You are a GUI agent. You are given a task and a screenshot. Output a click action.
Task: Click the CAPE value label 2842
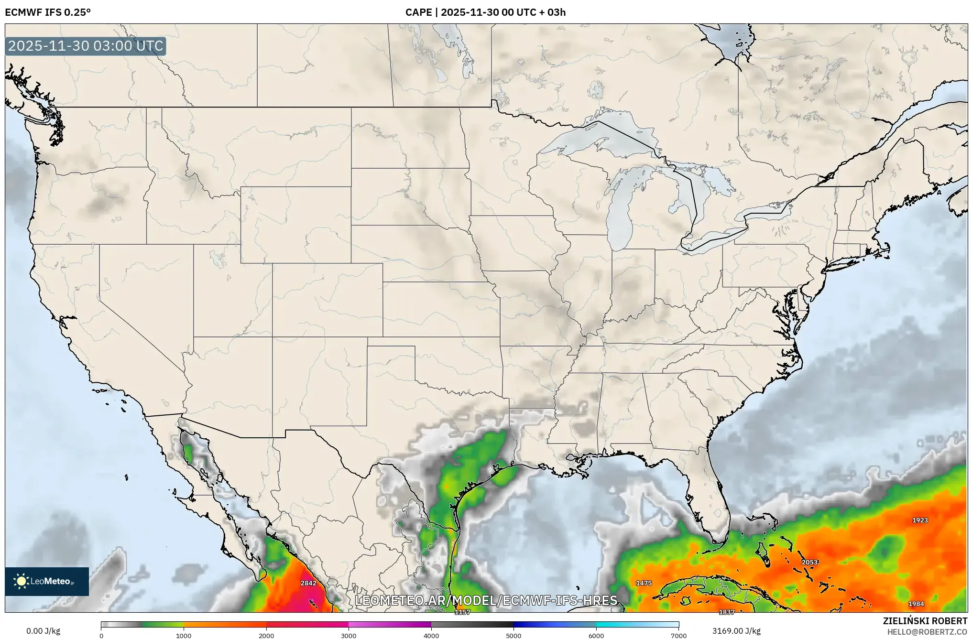click(x=308, y=583)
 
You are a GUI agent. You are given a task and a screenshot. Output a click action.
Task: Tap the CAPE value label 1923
click(x=920, y=520)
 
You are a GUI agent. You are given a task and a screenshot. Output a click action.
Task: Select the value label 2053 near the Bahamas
click(x=810, y=562)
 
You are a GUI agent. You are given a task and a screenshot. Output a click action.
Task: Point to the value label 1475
click(x=644, y=583)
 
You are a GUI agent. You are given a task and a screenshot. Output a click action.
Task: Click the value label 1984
click(x=916, y=604)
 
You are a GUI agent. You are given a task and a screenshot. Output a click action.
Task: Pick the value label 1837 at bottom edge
click(x=727, y=612)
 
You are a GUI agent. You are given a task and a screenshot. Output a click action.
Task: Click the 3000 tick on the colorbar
click(x=349, y=636)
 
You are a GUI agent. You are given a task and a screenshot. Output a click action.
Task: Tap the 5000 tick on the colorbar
click(x=513, y=636)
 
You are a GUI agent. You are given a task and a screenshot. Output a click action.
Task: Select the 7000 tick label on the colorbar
click(x=678, y=636)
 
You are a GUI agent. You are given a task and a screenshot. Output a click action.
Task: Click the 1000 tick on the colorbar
click(x=184, y=636)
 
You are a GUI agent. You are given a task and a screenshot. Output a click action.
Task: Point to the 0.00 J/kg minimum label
click(x=43, y=631)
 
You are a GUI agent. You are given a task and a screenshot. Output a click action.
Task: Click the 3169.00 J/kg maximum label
click(x=733, y=631)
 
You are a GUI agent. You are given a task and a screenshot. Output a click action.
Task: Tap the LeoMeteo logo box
click(x=47, y=581)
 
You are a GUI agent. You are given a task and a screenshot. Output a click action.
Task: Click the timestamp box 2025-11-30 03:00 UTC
click(x=86, y=46)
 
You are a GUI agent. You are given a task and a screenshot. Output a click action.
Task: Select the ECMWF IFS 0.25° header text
click(x=48, y=12)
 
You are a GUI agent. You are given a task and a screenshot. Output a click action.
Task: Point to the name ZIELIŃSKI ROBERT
click(x=925, y=621)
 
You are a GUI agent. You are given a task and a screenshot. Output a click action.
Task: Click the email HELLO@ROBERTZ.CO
click(x=927, y=632)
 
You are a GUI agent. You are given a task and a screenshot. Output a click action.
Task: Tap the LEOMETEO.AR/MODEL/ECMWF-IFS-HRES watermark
click(x=486, y=600)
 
